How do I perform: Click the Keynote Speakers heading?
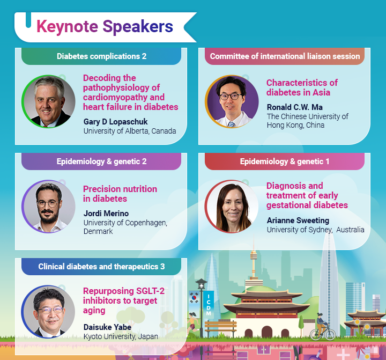point(105,26)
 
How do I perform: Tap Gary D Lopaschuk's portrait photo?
point(48,101)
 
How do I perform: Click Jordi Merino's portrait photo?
point(48,206)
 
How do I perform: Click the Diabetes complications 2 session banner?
point(101,56)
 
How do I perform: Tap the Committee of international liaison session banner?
point(285,56)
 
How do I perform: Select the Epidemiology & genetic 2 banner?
point(101,161)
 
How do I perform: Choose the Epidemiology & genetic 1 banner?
point(285,161)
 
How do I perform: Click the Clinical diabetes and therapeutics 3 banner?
point(101,267)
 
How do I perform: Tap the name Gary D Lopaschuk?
point(115,122)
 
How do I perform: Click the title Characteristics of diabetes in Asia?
point(302,87)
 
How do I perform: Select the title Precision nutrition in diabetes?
point(120,194)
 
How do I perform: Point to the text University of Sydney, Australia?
point(315,230)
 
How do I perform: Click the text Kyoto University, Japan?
point(121,336)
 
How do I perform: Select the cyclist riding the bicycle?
point(321,327)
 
